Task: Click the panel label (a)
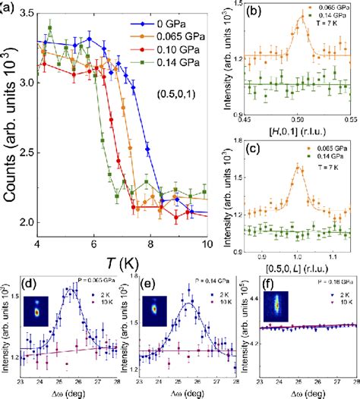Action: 11,8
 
